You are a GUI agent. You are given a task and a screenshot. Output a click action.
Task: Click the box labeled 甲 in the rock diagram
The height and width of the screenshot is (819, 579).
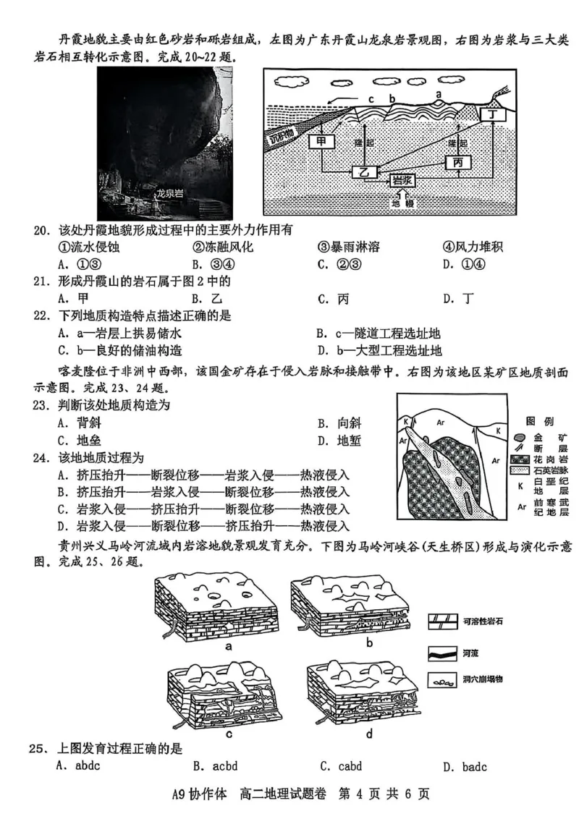(x=320, y=142)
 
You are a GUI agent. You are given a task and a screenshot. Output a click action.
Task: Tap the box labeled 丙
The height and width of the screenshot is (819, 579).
(x=458, y=163)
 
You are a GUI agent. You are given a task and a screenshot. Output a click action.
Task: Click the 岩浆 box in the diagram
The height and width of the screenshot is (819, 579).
(x=402, y=179)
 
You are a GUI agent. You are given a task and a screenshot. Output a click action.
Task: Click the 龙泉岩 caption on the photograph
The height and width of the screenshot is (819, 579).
(x=171, y=193)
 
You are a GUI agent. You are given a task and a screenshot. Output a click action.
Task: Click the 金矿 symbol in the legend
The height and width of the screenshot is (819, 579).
(x=518, y=437)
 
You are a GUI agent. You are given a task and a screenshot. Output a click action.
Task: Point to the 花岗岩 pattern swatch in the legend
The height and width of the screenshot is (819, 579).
(x=518, y=459)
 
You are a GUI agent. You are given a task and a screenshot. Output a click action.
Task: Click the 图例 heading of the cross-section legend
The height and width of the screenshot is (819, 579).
(x=541, y=420)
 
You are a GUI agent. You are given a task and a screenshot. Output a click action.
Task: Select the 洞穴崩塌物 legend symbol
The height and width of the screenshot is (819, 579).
(x=443, y=679)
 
